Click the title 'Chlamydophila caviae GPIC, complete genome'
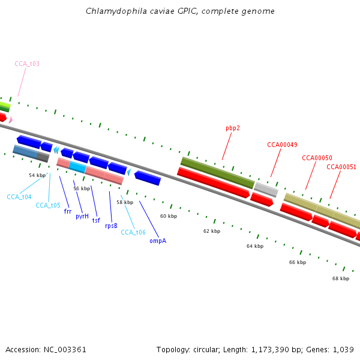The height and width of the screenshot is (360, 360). [x=180, y=11]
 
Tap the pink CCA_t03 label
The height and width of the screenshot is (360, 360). [x=27, y=63]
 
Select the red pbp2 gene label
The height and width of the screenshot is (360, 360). [x=233, y=128]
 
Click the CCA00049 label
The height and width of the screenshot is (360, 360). [x=282, y=145]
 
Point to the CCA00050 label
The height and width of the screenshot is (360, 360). [x=317, y=158]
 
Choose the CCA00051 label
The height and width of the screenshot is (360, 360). [x=341, y=167]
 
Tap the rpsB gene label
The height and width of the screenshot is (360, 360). [x=111, y=226]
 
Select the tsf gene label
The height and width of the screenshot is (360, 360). [x=96, y=220]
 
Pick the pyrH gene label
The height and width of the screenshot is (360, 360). [x=82, y=216]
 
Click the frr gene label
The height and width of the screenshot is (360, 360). [x=68, y=211]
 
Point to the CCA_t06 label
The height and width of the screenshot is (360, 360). [x=133, y=232]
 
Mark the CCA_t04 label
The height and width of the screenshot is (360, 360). [x=19, y=197]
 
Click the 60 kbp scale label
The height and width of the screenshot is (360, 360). [x=169, y=216]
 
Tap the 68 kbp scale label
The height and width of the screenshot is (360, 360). [x=341, y=278]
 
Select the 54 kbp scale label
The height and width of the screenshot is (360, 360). [x=37, y=175]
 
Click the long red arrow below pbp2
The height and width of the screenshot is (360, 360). [x=214, y=183]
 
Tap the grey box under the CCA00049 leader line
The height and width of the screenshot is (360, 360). [x=266, y=190]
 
